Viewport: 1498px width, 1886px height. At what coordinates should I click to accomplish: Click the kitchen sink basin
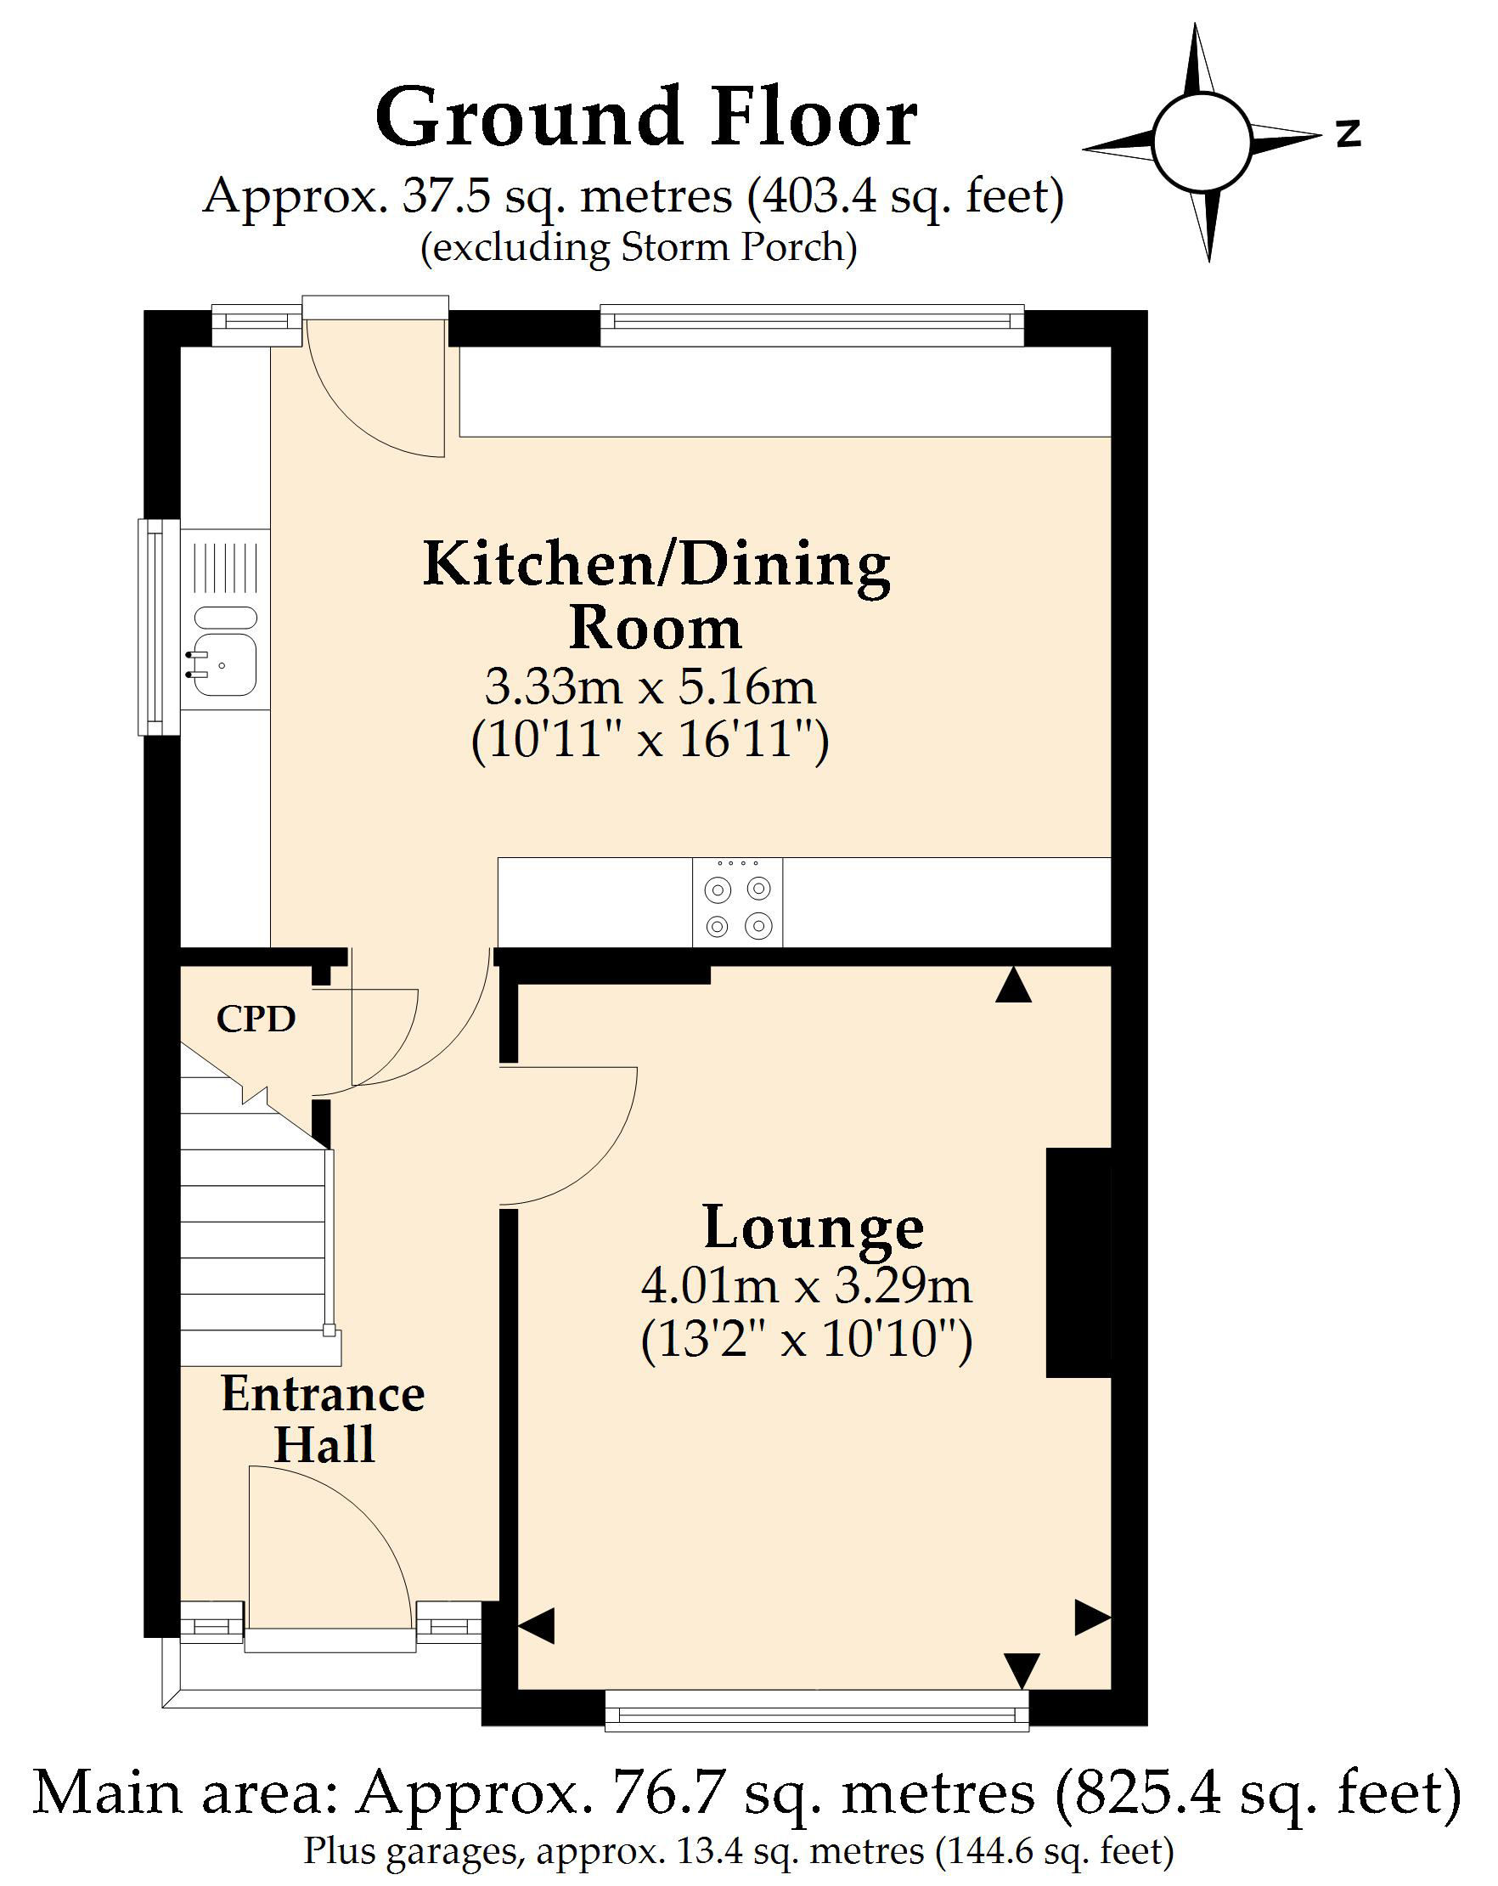(225, 665)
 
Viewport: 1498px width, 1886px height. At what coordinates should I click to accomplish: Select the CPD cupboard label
(256, 1019)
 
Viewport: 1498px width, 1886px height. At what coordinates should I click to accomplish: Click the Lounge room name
(814, 1229)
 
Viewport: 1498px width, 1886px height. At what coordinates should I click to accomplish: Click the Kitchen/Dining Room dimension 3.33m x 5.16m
(650, 686)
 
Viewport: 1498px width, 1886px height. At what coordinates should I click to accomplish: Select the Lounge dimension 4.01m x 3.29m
(806, 1286)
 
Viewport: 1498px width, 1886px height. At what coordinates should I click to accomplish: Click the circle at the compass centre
(1202, 142)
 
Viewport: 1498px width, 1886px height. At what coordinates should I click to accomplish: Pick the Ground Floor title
(646, 117)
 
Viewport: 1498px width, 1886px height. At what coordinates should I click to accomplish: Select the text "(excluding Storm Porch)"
(639, 247)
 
